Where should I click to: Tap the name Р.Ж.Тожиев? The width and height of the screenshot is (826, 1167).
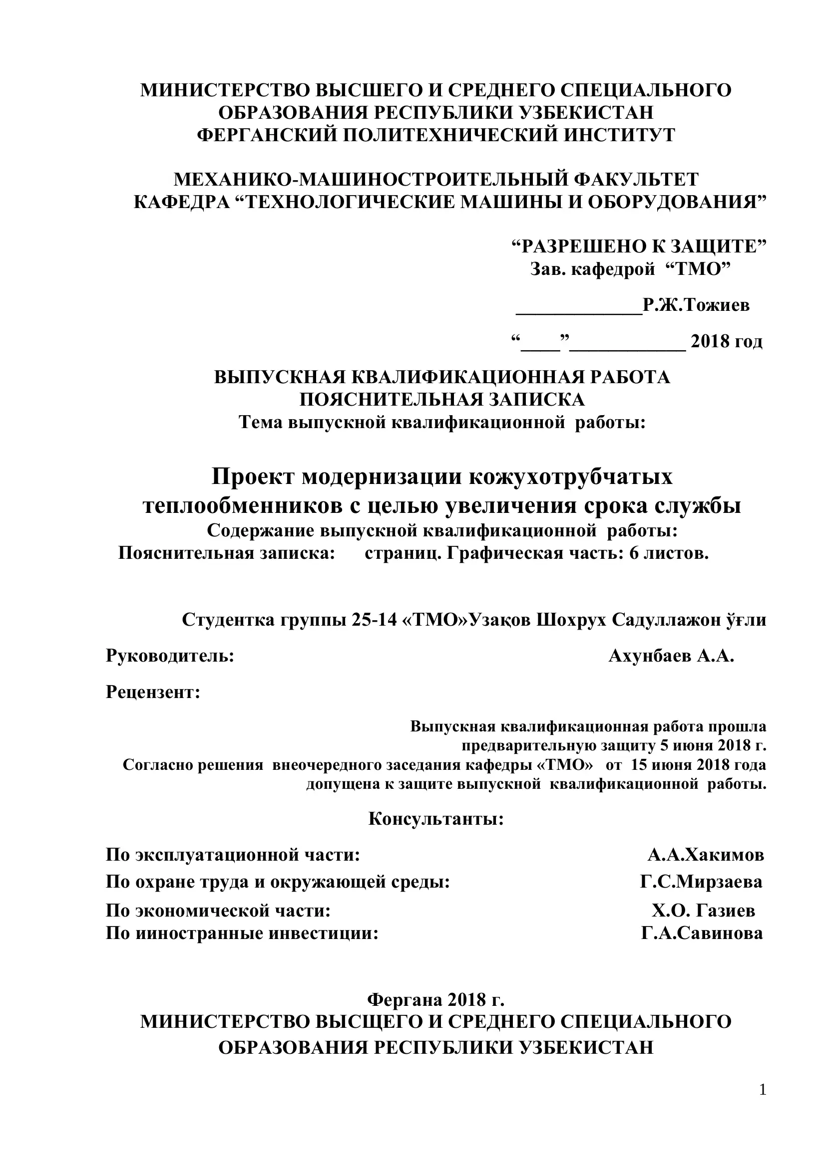pos(696,305)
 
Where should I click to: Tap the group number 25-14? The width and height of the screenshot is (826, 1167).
pos(374,620)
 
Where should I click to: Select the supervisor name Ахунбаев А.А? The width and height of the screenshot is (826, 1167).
pos(671,656)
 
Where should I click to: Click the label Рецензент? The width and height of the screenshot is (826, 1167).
pos(153,692)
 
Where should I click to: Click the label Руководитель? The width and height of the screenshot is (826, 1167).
pos(170,656)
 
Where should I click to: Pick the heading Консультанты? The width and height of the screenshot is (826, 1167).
pos(436,819)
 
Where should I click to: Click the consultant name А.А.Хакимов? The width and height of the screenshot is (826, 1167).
pos(706,856)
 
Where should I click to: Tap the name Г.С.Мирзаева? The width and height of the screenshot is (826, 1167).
pos(701,882)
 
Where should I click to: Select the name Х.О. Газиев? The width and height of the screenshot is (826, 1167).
pos(704,911)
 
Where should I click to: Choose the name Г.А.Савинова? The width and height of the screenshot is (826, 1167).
pos(702,933)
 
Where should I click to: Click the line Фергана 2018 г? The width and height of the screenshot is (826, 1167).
pos(436,1000)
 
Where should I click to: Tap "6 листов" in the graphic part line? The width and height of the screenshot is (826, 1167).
pos(669,553)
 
